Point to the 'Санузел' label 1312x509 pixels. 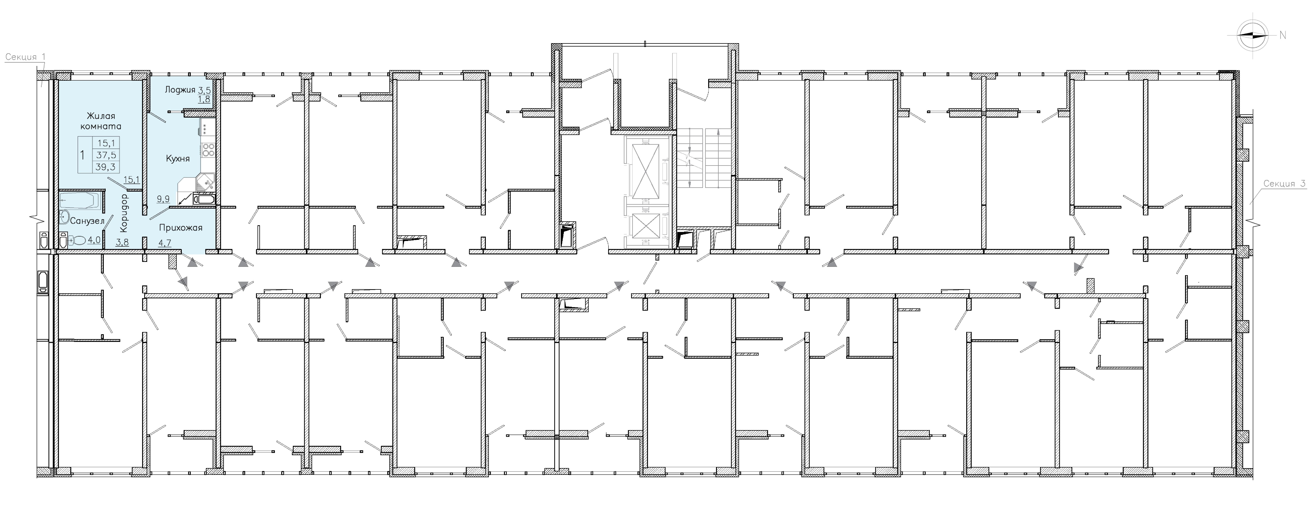(x=87, y=221)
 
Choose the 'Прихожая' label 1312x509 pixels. (x=181, y=227)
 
